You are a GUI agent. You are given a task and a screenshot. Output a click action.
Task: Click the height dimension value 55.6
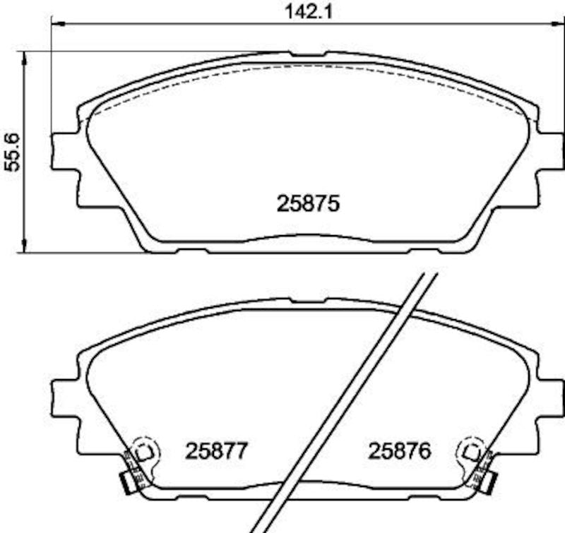pos(11,151)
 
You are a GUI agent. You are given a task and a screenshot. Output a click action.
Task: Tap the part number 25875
pos(309,204)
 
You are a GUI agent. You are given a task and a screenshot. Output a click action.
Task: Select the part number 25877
pos(216,451)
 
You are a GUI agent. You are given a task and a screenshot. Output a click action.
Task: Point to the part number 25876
pos(399,451)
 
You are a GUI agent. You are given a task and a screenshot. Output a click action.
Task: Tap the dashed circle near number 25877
pos(146,450)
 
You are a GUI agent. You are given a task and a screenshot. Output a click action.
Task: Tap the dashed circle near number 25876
pos(470,450)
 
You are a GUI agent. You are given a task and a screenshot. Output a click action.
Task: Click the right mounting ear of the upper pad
pos(551,150)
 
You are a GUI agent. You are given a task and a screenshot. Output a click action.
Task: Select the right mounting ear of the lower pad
pos(551,398)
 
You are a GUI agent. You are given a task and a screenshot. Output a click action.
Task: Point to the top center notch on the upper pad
pos(307,54)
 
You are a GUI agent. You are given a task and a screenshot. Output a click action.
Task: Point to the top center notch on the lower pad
pos(307,302)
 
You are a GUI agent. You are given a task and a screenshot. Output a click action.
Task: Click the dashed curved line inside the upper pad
pos(307,67)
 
